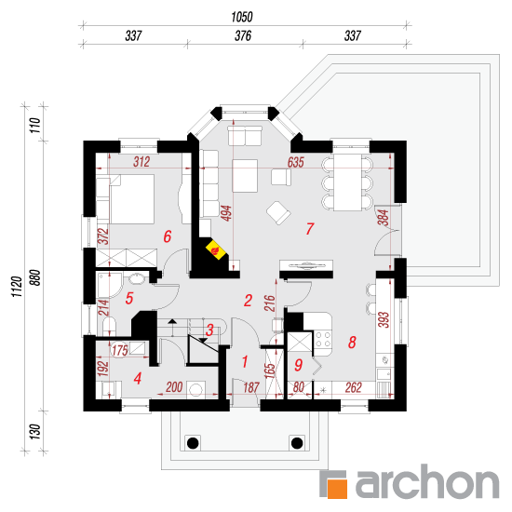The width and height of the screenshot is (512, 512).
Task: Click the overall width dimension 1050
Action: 242,17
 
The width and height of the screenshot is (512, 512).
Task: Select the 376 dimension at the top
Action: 243,36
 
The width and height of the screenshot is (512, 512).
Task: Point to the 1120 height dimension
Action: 17,287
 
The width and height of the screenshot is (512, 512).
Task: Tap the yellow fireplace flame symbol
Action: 216,250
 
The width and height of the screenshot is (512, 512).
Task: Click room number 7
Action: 310,229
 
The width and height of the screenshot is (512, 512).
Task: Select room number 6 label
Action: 168,236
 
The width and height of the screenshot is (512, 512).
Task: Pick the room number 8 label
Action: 352,343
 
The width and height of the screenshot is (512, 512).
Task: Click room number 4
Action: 138,378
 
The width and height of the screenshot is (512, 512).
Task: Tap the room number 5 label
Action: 129,298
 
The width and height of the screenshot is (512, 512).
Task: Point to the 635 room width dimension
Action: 295,162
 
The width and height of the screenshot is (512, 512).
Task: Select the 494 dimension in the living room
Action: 226,213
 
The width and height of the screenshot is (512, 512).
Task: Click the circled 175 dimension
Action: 119,350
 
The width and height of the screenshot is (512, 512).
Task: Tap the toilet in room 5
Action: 110,325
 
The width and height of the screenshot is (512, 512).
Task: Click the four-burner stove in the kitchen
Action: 323,339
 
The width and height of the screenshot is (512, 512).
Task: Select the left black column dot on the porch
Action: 193,443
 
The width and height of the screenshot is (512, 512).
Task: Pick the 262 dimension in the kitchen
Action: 354,387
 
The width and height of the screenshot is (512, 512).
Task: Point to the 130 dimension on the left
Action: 35,431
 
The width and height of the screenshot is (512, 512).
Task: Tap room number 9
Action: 298,365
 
